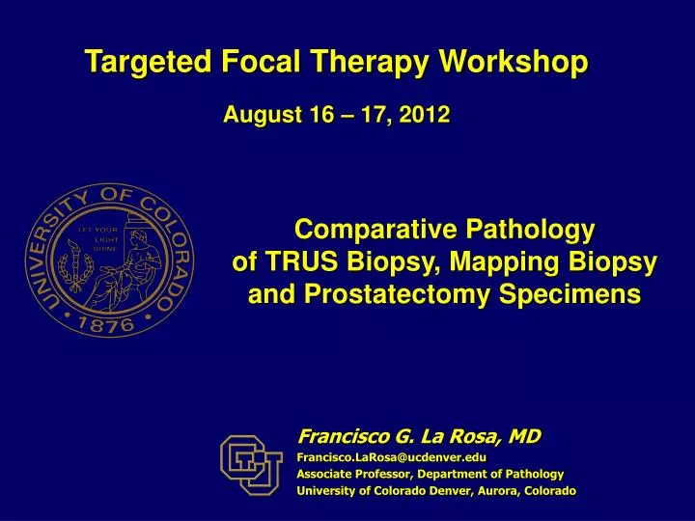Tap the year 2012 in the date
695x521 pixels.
click(427, 116)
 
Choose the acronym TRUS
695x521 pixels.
click(299, 262)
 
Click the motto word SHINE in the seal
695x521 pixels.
click(104, 249)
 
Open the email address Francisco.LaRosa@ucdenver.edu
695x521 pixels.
click(391, 456)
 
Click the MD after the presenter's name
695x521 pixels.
click(524, 437)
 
